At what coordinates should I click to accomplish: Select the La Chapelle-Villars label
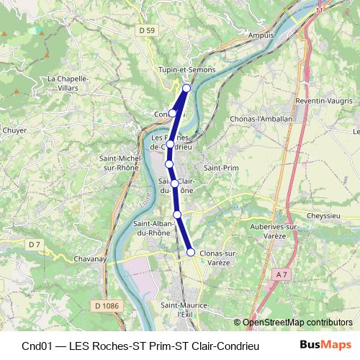pos(67,83)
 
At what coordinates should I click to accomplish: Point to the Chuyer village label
pos(14,131)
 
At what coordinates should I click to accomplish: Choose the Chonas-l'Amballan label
pos(261,120)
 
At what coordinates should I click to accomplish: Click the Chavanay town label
pos(91,259)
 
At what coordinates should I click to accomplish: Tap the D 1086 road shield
pos(107,306)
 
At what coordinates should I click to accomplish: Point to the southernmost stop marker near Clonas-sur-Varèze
pos(191,251)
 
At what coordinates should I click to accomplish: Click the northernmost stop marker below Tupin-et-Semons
pos(186,88)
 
